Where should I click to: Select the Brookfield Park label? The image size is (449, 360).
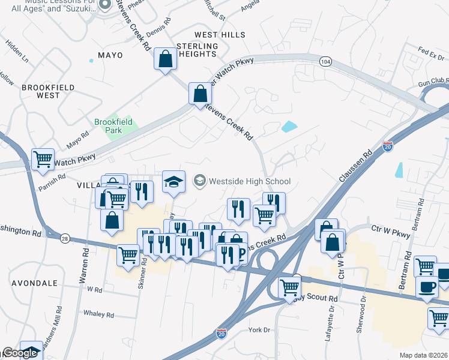tap(113, 126)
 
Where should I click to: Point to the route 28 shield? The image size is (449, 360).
tap(65, 239)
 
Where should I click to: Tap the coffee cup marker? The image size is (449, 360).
tap(427, 286)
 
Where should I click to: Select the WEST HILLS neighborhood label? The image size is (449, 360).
tap(220, 35)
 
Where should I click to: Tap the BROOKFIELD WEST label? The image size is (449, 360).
tap(48, 91)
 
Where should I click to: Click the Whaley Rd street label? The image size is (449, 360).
tap(98, 314)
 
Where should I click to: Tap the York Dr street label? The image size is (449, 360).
tap(261, 330)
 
